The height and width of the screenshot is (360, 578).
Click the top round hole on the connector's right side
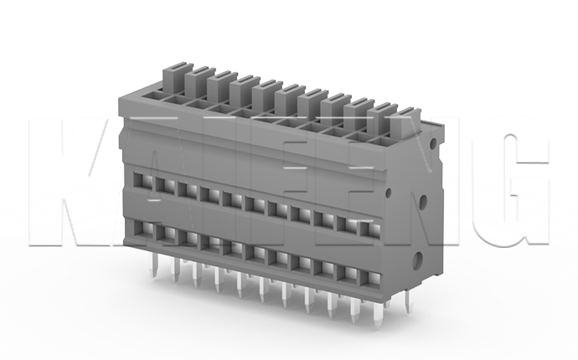(432, 143)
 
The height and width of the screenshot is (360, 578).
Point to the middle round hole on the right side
(424, 202)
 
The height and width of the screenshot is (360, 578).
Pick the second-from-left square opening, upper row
(161, 183)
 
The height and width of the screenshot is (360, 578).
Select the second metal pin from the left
(174, 271)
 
